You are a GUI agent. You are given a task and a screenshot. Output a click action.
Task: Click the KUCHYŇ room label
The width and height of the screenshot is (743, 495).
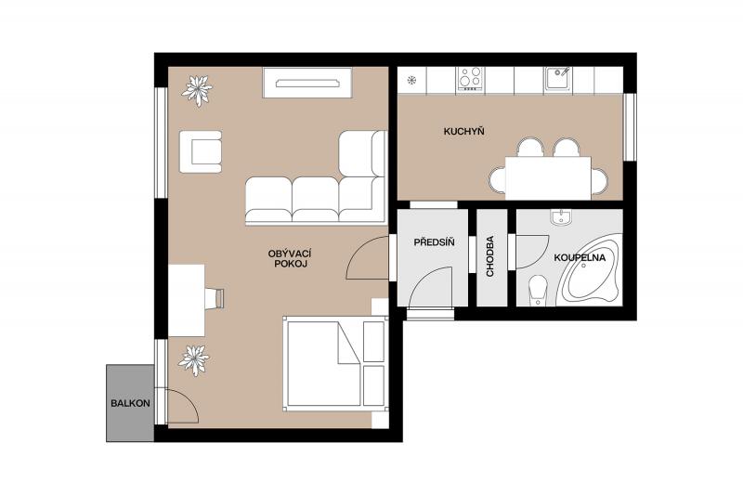pyautogui.click(x=463, y=131)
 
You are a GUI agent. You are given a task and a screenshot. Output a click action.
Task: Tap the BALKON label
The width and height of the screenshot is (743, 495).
pyautogui.click(x=130, y=404)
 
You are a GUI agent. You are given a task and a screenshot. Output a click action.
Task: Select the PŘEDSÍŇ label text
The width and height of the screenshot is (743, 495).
pyautogui.click(x=434, y=242)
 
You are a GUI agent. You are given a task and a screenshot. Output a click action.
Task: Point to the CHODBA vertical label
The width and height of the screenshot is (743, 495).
pyautogui.click(x=490, y=256)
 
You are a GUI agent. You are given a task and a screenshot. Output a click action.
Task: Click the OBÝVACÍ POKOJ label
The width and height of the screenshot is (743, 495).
pyautogui.click(x=290, y=258)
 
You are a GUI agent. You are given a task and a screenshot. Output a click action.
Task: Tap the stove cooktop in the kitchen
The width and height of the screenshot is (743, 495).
pyautogui.click(x=471, y=78)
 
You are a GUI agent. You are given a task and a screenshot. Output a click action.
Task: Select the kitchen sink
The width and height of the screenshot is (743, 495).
pyautogui.click(x=557, y=78)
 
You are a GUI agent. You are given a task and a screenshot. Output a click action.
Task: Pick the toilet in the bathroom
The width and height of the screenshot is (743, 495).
pyautogui.click(x=537, y=291)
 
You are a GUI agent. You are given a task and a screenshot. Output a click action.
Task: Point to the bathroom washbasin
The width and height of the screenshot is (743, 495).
pyautogui.click(x=563, y=217)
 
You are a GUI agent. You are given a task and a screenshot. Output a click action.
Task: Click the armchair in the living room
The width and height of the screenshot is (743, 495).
pyautogui.click(x=201, y=151)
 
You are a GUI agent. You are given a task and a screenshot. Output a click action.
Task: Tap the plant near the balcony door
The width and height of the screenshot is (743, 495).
pyautogui.click(x=193, y=360)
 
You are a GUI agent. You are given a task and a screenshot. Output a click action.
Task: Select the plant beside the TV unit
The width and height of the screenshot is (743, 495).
pyautogui.click(x=197, y=90)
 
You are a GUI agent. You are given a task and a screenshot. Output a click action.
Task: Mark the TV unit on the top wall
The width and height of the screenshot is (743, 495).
pyautogui.click(x=307, y=83)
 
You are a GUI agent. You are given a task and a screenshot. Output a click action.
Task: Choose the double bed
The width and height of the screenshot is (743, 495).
pyautogui.click(x=335, y=364)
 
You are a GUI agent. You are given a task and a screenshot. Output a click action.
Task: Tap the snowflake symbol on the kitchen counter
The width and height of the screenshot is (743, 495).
pyautogui.click(x=411, y=80)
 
